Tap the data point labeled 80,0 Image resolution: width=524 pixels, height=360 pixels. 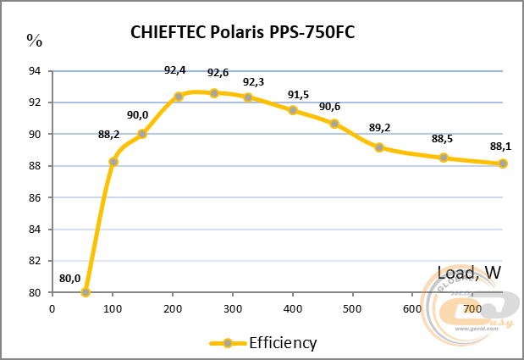pyautogui.click(x=85, y=292)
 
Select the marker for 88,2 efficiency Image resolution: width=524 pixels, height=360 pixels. pyautogui.click(x=113, y=161)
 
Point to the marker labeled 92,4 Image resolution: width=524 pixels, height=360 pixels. pyautogui.click(x=179, y=97)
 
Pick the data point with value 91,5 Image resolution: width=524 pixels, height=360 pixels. pyautogui.click(x=293, y=110)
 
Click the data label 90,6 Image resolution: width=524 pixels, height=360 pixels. pyautogui.click(x=330, y=107)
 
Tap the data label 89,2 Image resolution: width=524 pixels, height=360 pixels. pyautogui.click(x=379, y=129)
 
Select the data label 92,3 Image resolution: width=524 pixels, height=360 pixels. pyautogui.click(x=253, y=82)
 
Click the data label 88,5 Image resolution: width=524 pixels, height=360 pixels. pyautogui.click(x=443, y=139)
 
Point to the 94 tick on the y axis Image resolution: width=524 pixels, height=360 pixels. pyautogui.click(x=35, y=71)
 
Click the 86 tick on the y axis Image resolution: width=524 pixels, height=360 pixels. pyautogui.click(x=35, y=197)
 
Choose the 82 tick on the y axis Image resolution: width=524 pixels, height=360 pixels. pyautogui.click(x=35, y=261)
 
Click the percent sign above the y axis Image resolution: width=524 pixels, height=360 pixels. pyautogui.click(x=34, y=39)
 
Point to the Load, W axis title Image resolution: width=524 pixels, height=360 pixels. pyautogui.click(x=469, y=273)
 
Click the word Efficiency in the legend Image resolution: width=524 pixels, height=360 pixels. pyautogui.click(x=282, y=343)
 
